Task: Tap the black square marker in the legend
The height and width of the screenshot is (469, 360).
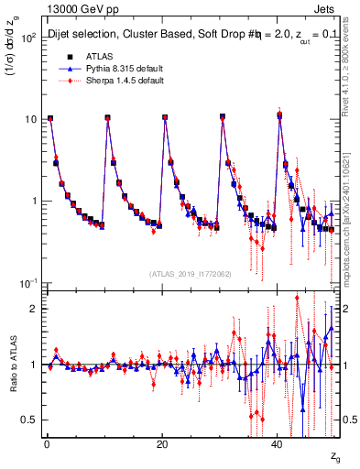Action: (x=60, y=56)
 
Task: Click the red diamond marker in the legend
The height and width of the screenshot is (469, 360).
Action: (x=60, y=80)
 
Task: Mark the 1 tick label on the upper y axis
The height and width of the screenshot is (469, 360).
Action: (x=30, y=201)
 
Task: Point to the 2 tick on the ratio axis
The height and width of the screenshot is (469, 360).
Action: (x=31, y=309)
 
